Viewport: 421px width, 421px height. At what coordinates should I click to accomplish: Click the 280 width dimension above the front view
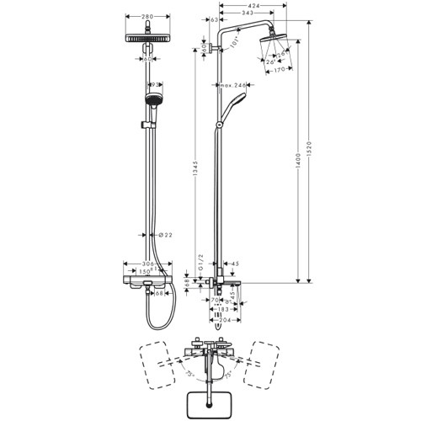click(147, 16)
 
